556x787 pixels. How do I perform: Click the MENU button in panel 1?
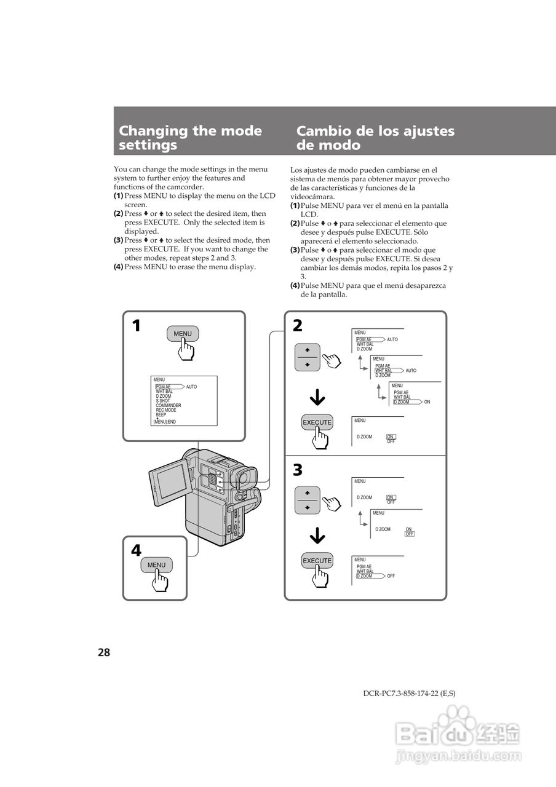(x=183, y=334)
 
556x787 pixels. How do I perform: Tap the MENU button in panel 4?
(x=156, y=565)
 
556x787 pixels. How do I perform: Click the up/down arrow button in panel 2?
(x=308, y=357)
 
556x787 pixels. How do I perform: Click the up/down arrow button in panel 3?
(x=308, y=500)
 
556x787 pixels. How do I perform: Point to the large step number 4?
(x=136, y=551)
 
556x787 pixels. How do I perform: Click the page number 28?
(x=103, y=653)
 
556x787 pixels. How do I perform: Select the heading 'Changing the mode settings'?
(x=190, y=138)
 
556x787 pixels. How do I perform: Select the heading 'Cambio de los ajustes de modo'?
(x=375, y=138)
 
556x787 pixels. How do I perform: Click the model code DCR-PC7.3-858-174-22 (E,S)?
(x=409, y=694)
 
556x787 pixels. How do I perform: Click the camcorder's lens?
(x=244, y=477)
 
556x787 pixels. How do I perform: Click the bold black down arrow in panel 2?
(x=317, y=399)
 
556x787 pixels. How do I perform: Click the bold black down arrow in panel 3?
(x=317, y=537)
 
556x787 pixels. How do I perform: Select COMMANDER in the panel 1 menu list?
(x=169, y=406)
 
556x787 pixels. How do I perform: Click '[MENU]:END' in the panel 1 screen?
(x=165, y=422)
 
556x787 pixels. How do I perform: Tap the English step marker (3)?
(x=118, y=240)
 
